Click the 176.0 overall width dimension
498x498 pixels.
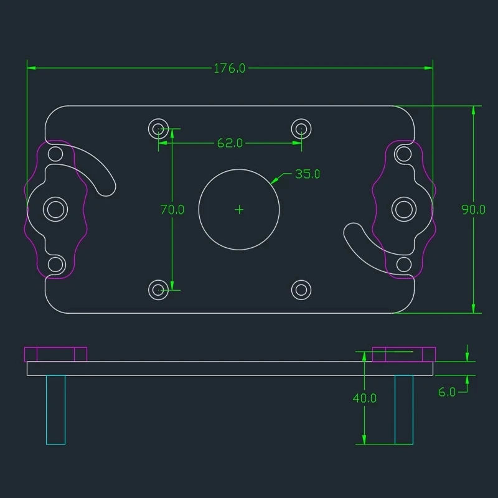pyautogui.click(x=230, y=68)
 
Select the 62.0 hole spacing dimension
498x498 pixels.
pyautogui.click(x=230, y=143)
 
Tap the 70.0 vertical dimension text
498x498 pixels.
pyautogui.click(x=172, y=210)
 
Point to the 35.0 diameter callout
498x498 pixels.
pyautogui.click(x=307, y=174)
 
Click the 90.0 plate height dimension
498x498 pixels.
pyautogui.click(x=473, y=210)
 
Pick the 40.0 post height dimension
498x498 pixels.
pyautogui.click(x=365, y=398)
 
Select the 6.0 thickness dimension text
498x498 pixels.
pyautogui.click(x=447, y=392)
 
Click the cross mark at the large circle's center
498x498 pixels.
pyautogui.click(x=239, y=210)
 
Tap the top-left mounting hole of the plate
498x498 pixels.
pyautogui.click(x=159, y=129)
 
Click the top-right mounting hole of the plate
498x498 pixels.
pyautogui.click(x=301, y=129)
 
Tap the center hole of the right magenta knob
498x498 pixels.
pyautogui.click(x=404, y=209)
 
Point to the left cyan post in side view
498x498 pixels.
pyautogui.click(x=55, y=410)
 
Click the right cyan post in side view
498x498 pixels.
pyautogui.click(x=404, y=410)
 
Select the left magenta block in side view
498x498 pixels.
pyautogui.click(x=55, y=354)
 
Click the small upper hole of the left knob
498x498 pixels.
pyautogui.click(x=56, y=154)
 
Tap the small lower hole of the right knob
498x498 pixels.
pyautogui.click(x=404, y=265)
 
